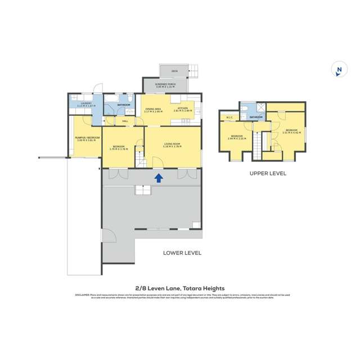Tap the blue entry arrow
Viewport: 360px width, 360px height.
pyautogui.click(x=159, y=178)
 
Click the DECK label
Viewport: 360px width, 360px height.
pyautogui.click(x=174, y=71)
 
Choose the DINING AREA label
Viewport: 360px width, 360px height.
pyautogui.click(x=153, y=110)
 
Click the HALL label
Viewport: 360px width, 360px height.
pyautogui.click(x=125, y=120)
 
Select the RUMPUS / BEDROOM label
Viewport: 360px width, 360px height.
pyautogui.click(x=87, y=138)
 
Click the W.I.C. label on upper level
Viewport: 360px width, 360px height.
pyautogui.click(x=229, y=118)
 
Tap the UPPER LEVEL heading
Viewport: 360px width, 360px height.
pyautogui.click(x=268, y=174)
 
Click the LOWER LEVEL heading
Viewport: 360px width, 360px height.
pyautogui.click(x=182, y=253)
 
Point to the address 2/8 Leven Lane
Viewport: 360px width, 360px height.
pyautogui.click(x=180, y=288)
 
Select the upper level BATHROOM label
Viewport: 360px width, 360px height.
pyautogui.click(x=256, y=117)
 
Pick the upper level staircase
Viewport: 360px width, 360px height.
pyautogui.click(x=259, y=143)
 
